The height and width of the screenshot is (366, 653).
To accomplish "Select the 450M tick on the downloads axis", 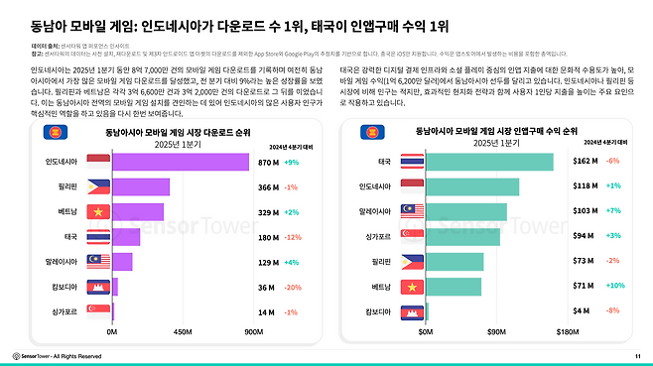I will point(182,332).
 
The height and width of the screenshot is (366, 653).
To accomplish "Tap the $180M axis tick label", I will point(567,332).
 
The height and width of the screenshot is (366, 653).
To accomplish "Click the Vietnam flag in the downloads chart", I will point(98,211).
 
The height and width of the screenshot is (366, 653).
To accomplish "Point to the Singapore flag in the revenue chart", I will point(414,236).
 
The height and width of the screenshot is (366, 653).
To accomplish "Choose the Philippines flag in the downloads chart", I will point(98,186).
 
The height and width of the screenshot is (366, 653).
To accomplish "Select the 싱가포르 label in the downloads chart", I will point(68,311).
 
